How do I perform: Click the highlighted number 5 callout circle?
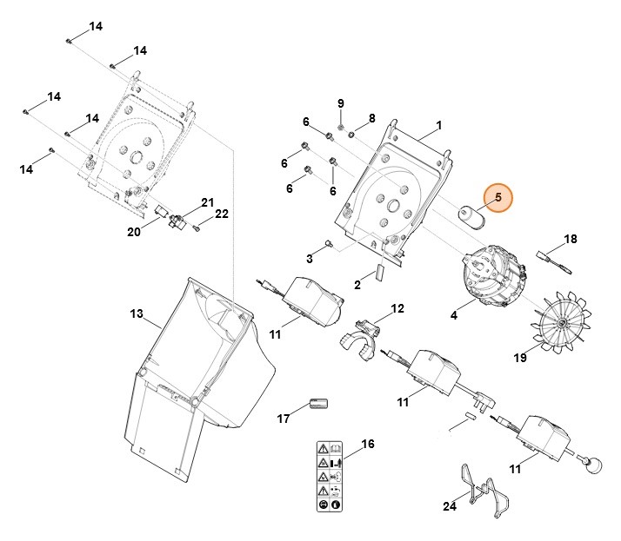[499, 199]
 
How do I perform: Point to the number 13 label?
[136, 313]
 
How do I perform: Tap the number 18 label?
[571, 239]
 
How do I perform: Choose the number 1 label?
[438, 126]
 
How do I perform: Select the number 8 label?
[371, 118]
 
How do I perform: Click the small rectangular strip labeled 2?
[379, 271]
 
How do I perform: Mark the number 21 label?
[207, 202]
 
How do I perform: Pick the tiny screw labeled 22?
[197, 228]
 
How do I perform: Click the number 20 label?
[134, 231]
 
